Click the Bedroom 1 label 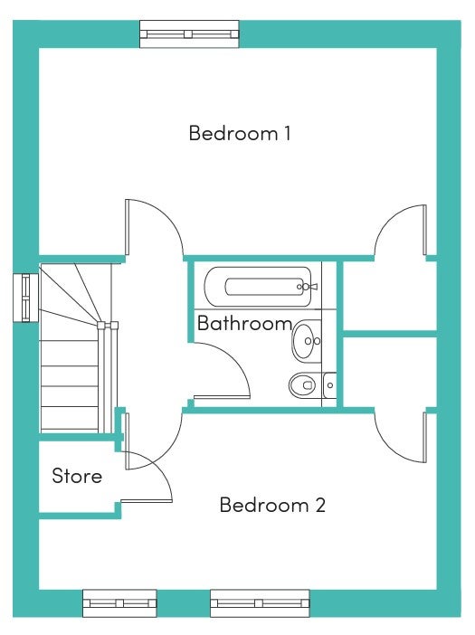[x=240, y=133]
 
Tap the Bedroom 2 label [x=272, y=505]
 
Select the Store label [x=77, y=476]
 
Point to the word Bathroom [x=244, y=323]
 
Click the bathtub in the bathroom [x=258, y=287]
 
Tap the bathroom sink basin [x=307, y=341]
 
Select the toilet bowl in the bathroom [x=302, y=384]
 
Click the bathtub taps [x=308, y=287]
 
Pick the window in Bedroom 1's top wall [x=189, y=34]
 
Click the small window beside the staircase [x=26, y=299]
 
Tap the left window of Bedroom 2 [x=119, y=603]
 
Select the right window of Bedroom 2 [x=260, y=603]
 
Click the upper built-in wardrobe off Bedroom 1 [x=390, y=296]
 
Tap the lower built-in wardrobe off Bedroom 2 [x=390, y=372]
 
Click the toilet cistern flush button [x=330, y=385]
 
